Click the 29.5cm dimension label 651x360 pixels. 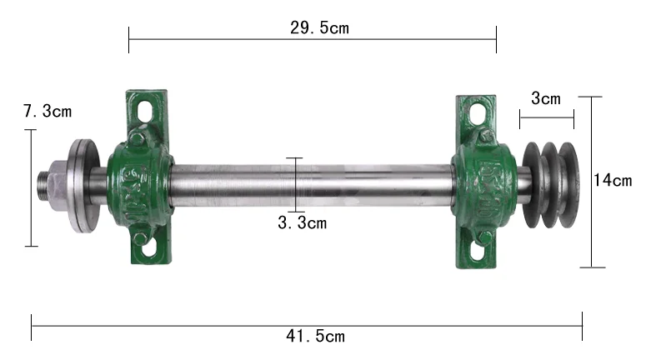click(319, 27)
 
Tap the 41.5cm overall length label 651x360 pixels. click(315, 336)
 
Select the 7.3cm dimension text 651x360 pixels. click(48, 112)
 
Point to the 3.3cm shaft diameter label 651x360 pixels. click(303, 223)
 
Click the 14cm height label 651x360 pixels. click(613, 180)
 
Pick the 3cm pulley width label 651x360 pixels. click(546, 99)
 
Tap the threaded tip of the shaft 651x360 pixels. click(43, 184)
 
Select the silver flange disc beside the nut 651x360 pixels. click(83, 186)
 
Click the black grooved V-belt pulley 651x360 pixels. click(550, 185)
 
